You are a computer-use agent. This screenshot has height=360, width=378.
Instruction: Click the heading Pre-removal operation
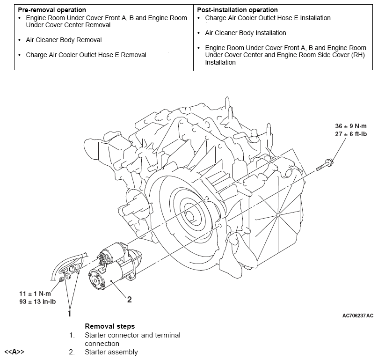click(52, 10)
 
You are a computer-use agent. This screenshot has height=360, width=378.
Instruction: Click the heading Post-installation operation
click(237, 10)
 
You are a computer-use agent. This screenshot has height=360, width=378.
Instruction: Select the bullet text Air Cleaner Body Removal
click(64, 40)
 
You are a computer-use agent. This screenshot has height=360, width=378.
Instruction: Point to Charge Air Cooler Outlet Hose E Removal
click(86, 55)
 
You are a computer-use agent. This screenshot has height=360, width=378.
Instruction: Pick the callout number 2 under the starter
click(130, 300)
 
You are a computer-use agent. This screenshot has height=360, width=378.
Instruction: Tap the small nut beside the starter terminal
click(61, 280)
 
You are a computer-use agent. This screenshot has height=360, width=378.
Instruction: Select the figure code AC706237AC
click(357, 316)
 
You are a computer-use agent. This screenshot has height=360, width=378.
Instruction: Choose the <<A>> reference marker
click(14, 352)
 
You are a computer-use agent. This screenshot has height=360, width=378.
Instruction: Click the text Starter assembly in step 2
click(111, 352)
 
